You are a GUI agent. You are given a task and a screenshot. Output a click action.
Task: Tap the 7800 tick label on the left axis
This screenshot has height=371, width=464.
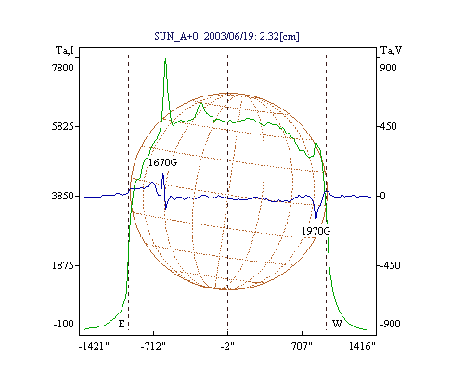[63, 68]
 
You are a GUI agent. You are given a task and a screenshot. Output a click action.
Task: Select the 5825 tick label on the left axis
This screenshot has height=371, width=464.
[63, 126]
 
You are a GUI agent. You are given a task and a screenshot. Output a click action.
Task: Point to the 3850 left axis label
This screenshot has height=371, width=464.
[63, 196]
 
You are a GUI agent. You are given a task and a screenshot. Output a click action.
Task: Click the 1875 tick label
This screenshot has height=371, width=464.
[63, 265]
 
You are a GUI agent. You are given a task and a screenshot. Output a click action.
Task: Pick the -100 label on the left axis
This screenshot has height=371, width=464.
[64, 324]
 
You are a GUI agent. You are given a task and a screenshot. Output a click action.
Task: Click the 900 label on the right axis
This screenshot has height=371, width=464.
[388, 68]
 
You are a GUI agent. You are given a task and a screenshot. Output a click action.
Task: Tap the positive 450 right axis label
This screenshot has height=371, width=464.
[388, 126]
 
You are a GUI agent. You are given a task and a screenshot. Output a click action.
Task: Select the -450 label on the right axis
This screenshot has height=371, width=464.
[390, 265]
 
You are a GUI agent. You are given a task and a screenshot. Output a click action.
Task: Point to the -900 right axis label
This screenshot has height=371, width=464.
[390, 324]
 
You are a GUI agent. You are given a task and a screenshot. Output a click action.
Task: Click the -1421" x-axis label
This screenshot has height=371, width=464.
[94, 346]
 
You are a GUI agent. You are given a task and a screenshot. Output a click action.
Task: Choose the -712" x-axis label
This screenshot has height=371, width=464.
[153, 346]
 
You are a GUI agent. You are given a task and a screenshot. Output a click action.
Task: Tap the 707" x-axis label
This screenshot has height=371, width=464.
[302, 346]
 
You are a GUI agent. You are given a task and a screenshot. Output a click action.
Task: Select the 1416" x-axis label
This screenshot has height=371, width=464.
[362, 346]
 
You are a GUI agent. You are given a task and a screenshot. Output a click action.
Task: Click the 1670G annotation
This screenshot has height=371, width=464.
[162, 162]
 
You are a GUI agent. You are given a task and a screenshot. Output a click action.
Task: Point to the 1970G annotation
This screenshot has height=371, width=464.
[316, 231]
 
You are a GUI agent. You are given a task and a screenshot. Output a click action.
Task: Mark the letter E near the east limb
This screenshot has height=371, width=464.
[122, 324]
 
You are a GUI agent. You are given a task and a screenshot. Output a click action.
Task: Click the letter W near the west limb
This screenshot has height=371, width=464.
[337, 324]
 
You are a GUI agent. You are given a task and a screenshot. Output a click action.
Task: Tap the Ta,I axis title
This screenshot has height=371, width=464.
[65, 50]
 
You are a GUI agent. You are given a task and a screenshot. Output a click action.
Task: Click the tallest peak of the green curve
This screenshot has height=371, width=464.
[165, 58]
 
